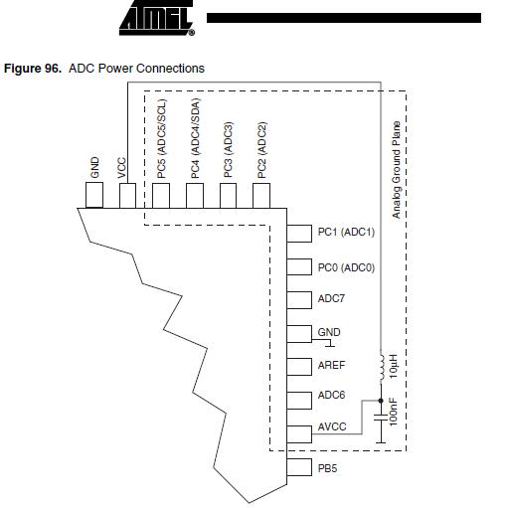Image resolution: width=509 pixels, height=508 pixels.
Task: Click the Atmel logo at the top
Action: pyautogui.click(x=157, y=18)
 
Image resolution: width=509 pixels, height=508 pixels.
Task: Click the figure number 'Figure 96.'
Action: pyautogui.click(x=33, y=69)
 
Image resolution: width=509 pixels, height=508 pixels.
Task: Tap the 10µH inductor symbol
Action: pyautogui.click(x=382, y=366)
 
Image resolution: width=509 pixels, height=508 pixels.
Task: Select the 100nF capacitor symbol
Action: pyautogui.click(x=381, y=418)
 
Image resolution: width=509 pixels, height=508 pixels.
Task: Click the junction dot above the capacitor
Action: pyautogui.click(x=381, y=401)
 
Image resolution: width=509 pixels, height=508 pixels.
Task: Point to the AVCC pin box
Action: pyautogui.click(x=299, y=434)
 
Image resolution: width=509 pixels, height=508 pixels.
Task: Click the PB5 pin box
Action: pyautogui.click(x=299, y=467)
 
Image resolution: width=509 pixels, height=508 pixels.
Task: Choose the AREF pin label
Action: pyautogui.click(x=331, y=365)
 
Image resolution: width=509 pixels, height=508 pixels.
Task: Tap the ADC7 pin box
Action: pyautogui.click(x=299, y=300)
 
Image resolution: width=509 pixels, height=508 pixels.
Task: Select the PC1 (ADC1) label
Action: pyautogui.click(x=346, y=232)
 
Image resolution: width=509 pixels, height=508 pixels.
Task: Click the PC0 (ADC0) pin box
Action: pyautogui.click(x=299, y=266)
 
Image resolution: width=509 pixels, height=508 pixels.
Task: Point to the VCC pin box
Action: pyautogui.click(x=127, y=196)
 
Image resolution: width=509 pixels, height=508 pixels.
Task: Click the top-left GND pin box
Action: pyautogui.click(x=94, y=195)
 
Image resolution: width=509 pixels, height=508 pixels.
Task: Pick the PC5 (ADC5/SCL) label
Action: pyautogui.click(x=161, y=139)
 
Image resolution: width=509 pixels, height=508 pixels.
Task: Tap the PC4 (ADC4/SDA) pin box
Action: pyautogui.click(x=195, y=196)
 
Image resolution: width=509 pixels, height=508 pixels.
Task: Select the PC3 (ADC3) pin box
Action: pyautogui.click(x=229, y=196)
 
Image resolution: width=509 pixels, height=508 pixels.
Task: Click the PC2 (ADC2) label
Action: pyautogui.click(x=261, y=150)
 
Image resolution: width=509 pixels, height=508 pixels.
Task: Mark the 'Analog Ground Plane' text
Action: pyautogui.click(x=397, y=170)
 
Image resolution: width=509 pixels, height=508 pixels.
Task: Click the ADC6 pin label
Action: pyautogui.click(x=331, y=395)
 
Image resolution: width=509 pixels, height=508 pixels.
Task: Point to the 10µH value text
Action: pyautogui.click(x=393, y=367)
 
